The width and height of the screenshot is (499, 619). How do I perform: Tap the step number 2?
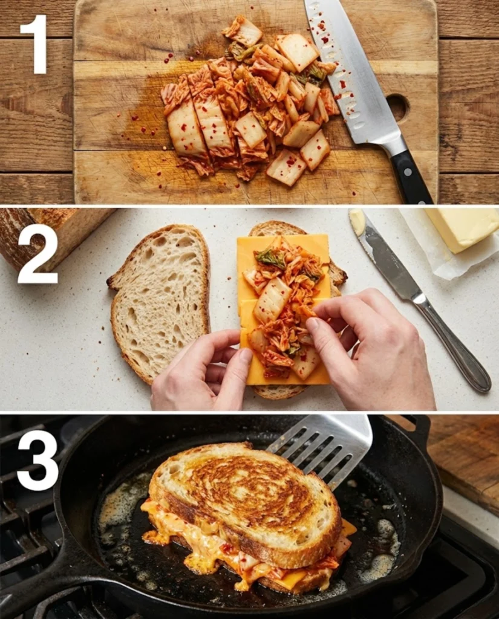click(37, 253)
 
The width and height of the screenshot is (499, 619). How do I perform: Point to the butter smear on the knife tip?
click(357, 222)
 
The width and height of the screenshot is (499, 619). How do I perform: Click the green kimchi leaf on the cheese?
click(270, 259)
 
